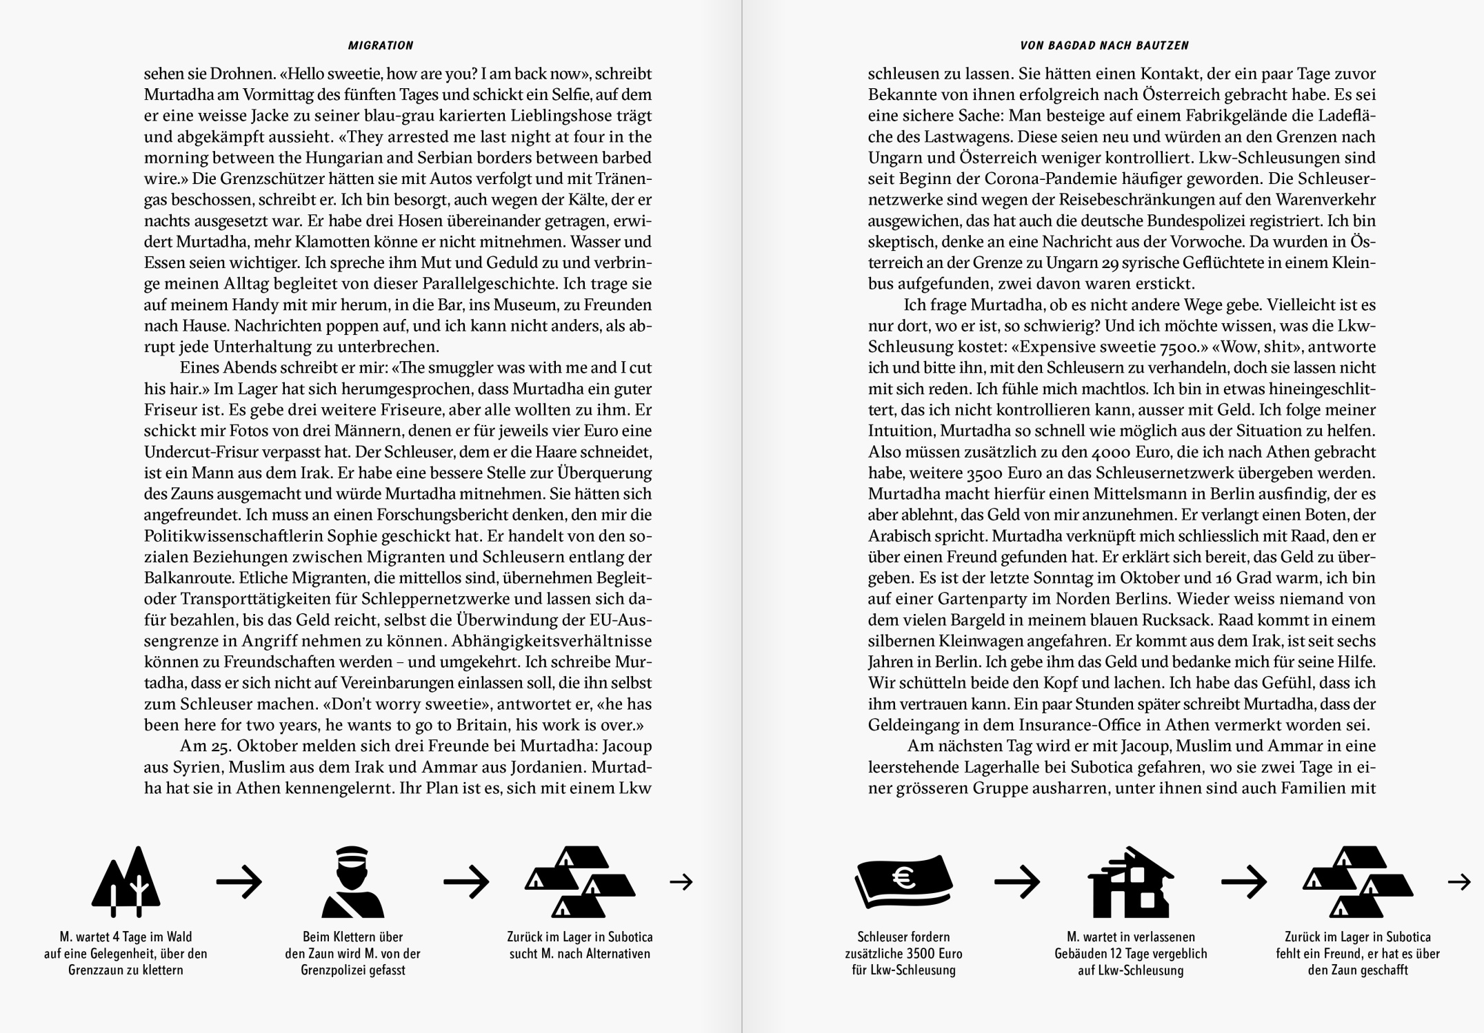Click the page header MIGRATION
[x=381, y=45]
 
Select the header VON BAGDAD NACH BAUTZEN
[x=1104, y=45]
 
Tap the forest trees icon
[x=126, y=881]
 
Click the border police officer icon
[x=352, y=881]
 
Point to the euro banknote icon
[x=903, y=881]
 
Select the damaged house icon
[x=1130, y=881]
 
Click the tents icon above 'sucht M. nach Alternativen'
[x=579, y=881]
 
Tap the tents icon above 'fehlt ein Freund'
[x=1357, y=881]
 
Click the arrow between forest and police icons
[x=239, y=881]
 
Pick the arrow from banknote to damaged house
[x=1017, y=881]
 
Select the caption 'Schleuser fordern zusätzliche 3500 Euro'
[x=903, y=954]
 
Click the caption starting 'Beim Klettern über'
[x=352, y=954]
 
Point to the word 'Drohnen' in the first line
[x=243, y=74]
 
